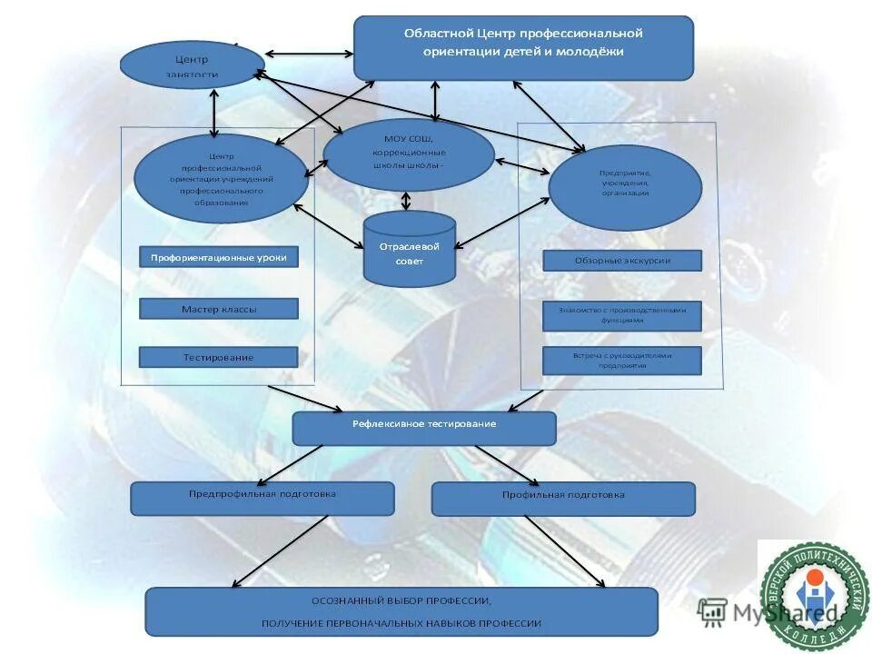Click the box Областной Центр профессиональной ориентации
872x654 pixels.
click(523, 47)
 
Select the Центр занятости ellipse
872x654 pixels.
click(192, 65)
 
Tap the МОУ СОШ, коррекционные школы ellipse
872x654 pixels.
click(409, 154)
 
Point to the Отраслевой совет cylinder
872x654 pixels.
click(409, 250)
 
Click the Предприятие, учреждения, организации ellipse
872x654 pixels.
click(625, 187)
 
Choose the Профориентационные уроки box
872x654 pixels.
click(218, 257)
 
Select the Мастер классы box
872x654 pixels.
click(218, 309)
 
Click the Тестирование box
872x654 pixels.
click(218, 357)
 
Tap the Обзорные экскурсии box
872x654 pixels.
click(622, 261)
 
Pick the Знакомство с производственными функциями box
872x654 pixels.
click(622, 314)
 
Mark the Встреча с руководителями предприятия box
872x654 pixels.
click(622, 360)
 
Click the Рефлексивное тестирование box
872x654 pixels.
click(424, 428)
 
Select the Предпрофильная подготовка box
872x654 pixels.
click(263, 498)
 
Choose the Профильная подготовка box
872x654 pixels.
click(563, 498)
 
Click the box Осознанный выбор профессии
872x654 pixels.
click(401, 611)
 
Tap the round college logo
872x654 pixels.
click(814, 594)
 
